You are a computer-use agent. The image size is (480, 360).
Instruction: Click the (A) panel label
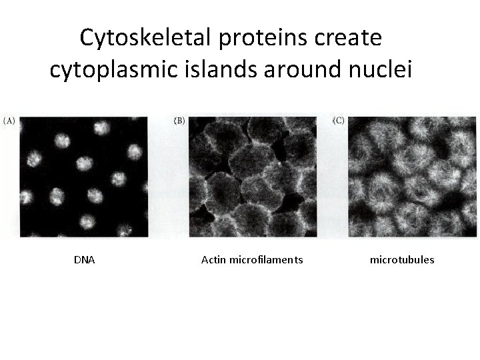9,121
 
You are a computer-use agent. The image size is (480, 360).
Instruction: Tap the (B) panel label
179,121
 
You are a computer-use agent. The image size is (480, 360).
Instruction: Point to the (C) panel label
339,121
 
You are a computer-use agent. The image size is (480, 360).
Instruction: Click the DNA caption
84,260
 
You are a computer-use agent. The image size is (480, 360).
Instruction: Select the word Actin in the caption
213,260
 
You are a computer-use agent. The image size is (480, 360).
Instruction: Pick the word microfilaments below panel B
266,260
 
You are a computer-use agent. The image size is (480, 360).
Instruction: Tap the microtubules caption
402,260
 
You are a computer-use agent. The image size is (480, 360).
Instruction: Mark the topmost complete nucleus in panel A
103,128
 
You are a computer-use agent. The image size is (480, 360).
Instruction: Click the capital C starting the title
87,38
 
